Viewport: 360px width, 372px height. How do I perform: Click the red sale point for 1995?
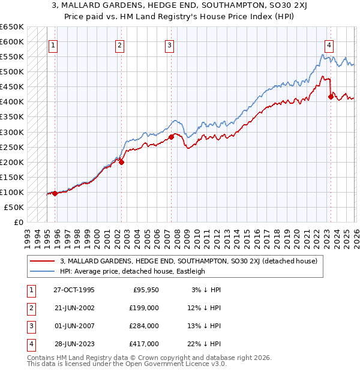point(55,193)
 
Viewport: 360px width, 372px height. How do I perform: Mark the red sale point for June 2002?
point(121,161)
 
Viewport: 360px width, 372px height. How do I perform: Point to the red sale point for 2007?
point(171,136)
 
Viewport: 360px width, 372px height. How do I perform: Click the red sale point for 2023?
point(331,96)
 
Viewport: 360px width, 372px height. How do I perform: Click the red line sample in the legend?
point(43,260)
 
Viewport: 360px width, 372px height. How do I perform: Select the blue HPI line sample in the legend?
point(43,271)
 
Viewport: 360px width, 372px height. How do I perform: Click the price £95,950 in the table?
point(146,290)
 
